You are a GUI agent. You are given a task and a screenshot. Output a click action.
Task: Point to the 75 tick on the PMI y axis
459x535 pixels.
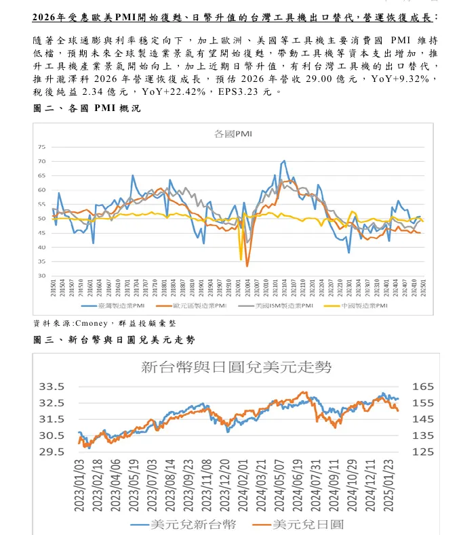tap(41, 147)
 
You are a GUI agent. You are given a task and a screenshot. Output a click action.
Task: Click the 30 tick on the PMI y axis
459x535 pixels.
tap(41, 276)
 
